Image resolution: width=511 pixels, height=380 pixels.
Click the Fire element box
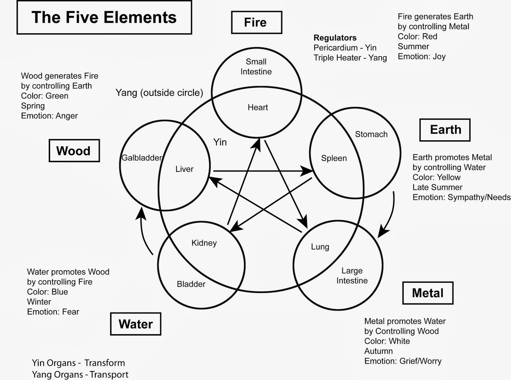(x=256, y=22)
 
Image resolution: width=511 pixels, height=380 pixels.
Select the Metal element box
(x=428, y=293)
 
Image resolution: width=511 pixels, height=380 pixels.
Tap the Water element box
(x=135, y=324)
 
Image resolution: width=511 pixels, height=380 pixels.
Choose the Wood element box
(x=74, y=151)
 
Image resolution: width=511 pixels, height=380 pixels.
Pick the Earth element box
(x=445, y=130)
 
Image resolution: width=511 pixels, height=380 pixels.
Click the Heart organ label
(x=258, y=107)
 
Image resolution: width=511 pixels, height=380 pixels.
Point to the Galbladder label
(x=141, y=158)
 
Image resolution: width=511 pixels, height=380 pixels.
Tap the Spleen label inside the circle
(x=334, y=158)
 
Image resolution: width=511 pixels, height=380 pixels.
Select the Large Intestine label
(x=352, y=276)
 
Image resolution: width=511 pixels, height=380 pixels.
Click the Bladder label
(x=191, y=284)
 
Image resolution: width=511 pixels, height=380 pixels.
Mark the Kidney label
(x=204, y=243)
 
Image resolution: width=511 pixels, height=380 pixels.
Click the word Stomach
(x=371, y=134)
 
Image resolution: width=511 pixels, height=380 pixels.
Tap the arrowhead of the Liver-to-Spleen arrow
(x=307, y=171)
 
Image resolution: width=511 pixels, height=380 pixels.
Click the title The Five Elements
(x=104, y=17)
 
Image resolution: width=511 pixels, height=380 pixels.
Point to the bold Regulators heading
(x=335, y=38)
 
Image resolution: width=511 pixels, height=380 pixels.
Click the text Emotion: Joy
(x=421, y=57)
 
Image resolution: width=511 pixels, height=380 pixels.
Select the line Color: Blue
(x=47, y=292)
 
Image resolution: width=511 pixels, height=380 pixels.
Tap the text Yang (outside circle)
(x=159, y=93)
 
